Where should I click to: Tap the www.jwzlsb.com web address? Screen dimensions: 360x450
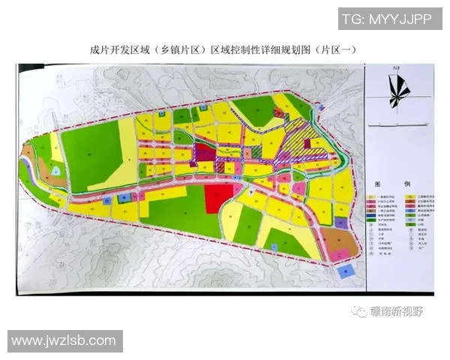click(x=64, y=341)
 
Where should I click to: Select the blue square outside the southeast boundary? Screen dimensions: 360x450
click(x=344, y=271)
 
